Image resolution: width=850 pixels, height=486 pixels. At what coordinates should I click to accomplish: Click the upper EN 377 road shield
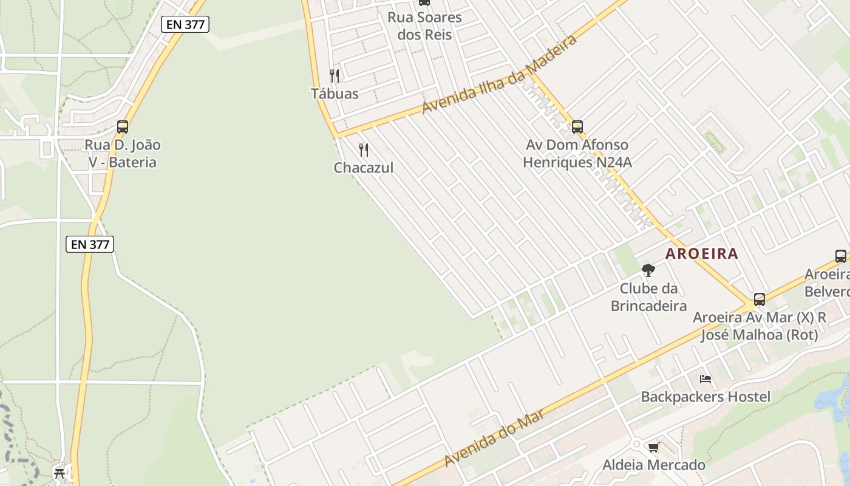click(185, 24)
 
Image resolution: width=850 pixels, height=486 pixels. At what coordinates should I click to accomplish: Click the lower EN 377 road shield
click(90, 244)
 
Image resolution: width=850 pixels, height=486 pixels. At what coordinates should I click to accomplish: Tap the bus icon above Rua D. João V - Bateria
click(123, 127)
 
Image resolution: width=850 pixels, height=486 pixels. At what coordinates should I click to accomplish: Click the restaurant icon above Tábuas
click(335, 76)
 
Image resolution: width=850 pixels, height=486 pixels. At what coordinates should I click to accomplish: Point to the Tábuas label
click(335, 94)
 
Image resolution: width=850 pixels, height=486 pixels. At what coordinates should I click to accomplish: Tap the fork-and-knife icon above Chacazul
click(364, 150)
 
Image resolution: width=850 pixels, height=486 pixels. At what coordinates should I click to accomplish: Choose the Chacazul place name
click(364, 168)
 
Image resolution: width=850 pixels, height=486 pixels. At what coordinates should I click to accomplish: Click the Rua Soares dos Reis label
click(425, 26)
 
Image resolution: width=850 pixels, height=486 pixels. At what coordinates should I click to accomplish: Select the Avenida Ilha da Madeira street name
click(499, 74)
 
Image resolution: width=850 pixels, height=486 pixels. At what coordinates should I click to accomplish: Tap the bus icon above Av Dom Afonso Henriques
click(577, 127)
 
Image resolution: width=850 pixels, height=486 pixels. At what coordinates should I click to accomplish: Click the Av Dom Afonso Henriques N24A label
click(577, 154)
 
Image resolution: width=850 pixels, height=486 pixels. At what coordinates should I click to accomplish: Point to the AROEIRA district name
click(702, 253)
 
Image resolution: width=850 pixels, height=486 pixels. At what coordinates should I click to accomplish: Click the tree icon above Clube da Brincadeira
click(648, 270)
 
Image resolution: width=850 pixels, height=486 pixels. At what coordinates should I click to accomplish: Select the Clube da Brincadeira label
click(648, 297)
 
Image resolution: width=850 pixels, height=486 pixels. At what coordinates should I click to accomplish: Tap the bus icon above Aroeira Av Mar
click(760, 299)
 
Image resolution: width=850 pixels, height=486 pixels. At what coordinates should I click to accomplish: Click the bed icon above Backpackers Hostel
click(705, 379)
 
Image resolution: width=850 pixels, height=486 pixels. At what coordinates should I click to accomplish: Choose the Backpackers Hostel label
click(705, 397)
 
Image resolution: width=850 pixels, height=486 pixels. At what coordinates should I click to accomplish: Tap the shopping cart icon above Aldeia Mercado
click(653, 448)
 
